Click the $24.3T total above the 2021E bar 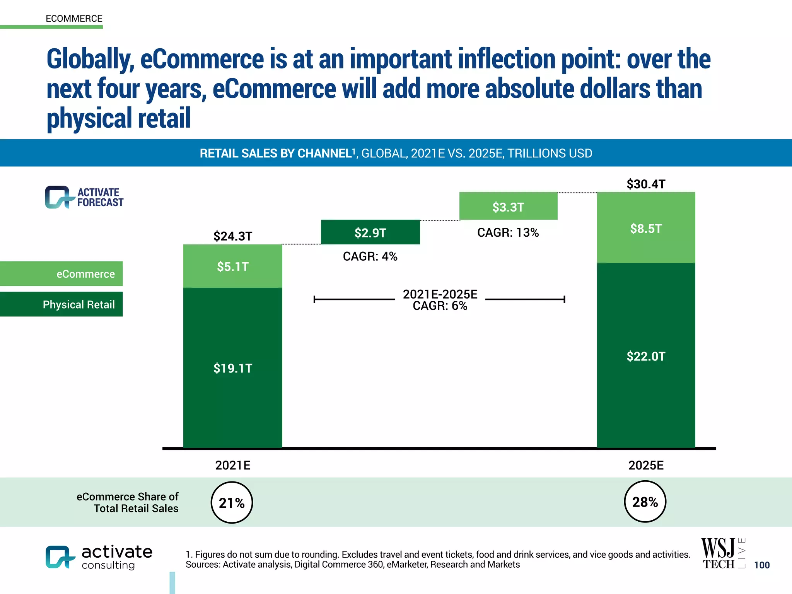(x=232, y=236)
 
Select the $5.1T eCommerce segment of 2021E (x=232, y=266)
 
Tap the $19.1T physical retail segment (x=232, y=368)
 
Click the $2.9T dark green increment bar (x=370, y=232)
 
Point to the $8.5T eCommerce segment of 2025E (x=646, y=228)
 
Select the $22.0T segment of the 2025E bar (x=646, y=356)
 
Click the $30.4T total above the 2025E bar (x=646, y=184)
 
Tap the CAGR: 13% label (x=508, y=232)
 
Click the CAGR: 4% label (x=370, y=256)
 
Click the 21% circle (x=232, y=502)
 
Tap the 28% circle (x=645, y=502)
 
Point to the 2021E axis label (x=232, y=465)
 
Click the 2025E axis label (x=646, y=465)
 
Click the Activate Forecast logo (x=84, y=197)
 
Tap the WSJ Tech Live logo (x=722, y=553)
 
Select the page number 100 (x=762, y=565)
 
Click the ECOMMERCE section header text (x=74, y=19)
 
